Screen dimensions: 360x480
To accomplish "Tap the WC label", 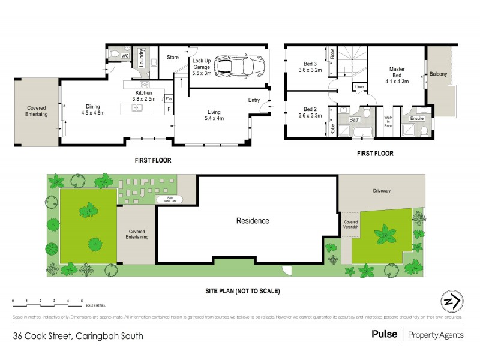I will (125, 56).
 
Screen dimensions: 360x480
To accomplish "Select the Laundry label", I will (142, 58).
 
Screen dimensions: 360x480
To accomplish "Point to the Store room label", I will (173, 58).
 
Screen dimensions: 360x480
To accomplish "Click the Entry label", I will (254, 100).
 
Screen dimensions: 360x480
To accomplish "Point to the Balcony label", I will (438, 74).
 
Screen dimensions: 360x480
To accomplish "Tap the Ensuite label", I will (416, 119).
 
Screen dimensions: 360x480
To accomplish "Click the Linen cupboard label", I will (359, 88).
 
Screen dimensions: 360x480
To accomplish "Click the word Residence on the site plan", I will (253, 221).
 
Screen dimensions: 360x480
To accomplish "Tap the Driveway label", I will (382, 191).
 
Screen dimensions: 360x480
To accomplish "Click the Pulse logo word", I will (384, 334).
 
